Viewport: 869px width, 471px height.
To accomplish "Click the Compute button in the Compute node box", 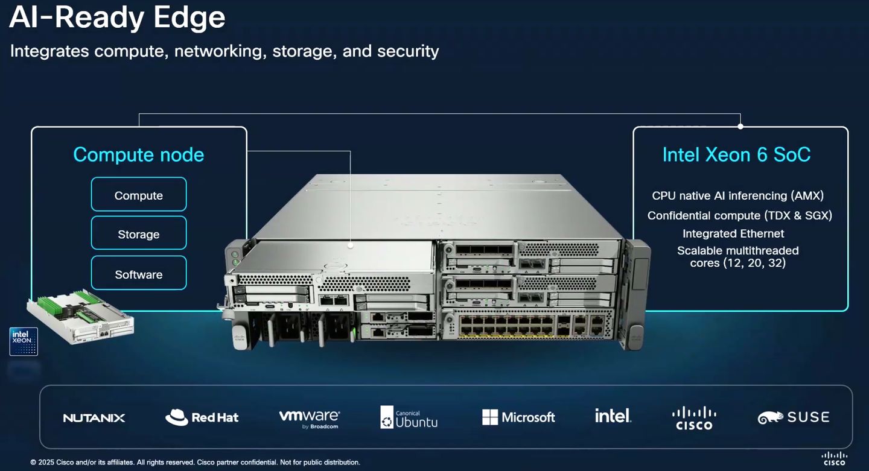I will point(139,195).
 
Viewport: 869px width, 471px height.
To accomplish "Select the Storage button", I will point(139,234).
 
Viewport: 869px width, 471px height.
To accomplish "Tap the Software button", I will point(139,274).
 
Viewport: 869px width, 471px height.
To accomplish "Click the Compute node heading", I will point(139,155).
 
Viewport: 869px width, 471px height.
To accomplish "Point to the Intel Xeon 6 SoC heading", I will point(736,155).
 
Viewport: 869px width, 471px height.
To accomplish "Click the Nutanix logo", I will point(94,417).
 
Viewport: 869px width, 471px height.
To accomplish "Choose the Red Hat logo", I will point(202,417).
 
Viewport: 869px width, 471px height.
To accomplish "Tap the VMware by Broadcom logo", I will point(310,417).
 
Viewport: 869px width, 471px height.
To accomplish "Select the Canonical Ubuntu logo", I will point(409,417).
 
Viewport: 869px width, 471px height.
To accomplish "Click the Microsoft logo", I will point(518,417).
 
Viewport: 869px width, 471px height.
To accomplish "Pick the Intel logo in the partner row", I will point(613,416).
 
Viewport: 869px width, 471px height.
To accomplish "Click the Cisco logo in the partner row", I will point(694,417).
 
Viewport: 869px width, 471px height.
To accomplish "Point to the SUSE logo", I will point(794,417).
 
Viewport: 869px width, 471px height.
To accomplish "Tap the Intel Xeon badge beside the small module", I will point(24,341).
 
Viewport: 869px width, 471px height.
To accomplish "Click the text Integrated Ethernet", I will point(733,233).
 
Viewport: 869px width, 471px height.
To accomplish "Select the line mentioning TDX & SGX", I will point(739,215).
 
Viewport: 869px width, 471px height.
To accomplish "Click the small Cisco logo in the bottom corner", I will point(835,458).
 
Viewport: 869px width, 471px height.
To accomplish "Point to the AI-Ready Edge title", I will point(118,18).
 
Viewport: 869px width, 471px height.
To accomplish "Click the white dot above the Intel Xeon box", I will point(740,127).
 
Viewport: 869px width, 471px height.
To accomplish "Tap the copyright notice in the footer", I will point(195,463).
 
